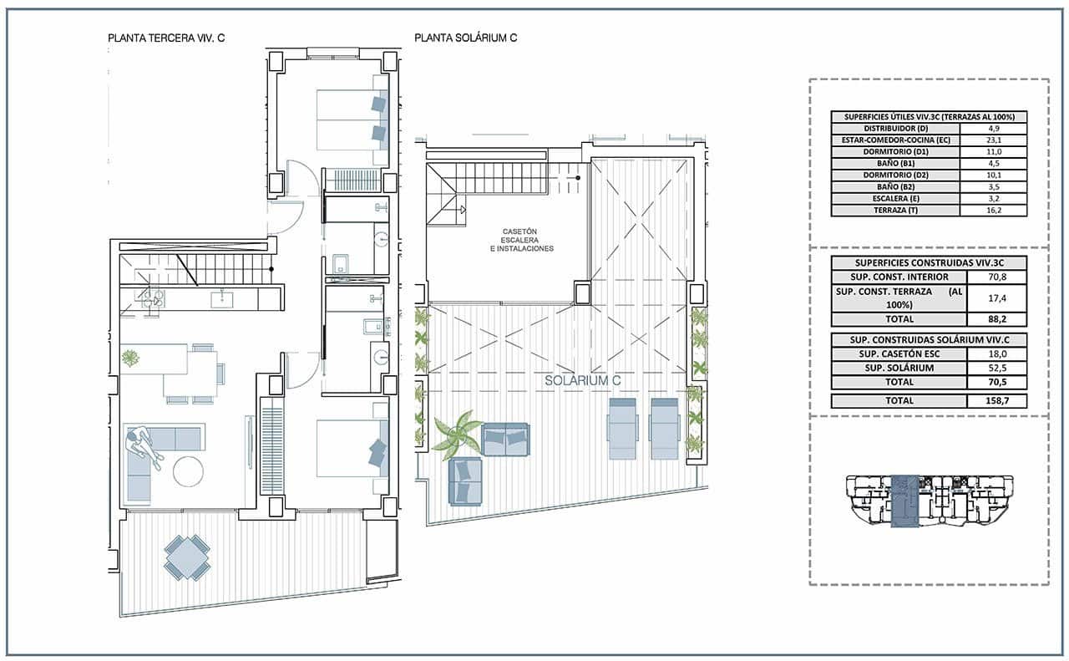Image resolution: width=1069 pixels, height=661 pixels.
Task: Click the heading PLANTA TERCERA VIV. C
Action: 167,38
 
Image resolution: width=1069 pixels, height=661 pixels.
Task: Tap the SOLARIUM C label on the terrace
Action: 582,380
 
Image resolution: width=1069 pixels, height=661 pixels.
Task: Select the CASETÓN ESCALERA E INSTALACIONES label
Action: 521,240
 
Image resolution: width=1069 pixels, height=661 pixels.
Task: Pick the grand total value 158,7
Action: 996,400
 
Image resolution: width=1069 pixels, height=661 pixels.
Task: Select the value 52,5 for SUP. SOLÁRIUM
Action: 996,368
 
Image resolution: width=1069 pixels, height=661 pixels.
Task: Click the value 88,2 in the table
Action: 996,318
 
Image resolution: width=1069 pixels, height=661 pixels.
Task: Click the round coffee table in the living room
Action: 188,471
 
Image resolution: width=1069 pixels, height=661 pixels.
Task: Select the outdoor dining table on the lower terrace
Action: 187,557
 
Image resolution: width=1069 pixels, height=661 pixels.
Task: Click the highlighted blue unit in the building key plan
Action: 904,501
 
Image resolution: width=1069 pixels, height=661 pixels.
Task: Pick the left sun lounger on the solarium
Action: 622,428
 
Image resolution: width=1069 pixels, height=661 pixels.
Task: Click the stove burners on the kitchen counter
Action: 151,298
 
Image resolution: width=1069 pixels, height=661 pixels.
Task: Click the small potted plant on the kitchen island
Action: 131,358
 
